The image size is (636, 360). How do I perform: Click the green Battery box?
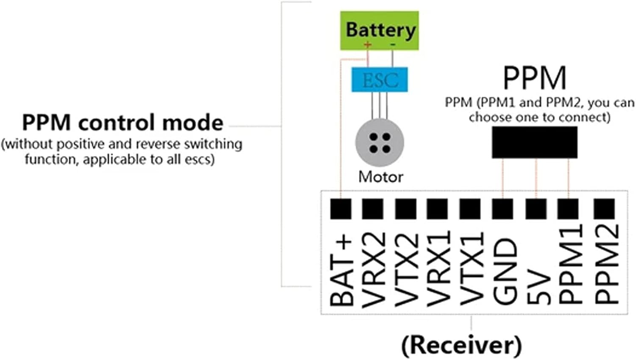coord(379,30)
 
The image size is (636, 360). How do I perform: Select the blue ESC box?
coord(379,80)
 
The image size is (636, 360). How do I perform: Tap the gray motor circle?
coord(379,143)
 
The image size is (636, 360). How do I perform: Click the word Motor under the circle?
coord(380,177)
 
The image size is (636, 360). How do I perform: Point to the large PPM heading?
coord(534,78)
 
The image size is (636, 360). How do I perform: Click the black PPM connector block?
coord(534,142)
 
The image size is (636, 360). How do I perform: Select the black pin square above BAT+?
coord(340,209)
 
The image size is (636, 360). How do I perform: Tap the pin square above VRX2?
coord(373,209)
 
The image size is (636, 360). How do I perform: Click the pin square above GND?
coord(503,209)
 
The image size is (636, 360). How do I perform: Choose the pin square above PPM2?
coord(605,209)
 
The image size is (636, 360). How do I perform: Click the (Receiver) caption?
coord(461,345)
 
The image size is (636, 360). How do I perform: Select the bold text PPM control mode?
coord(123,123)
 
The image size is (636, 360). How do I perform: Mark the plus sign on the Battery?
coord(368,45)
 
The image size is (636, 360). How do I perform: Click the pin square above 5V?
coord(536,209)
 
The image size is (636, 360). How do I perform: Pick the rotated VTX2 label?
coord(406,269)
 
